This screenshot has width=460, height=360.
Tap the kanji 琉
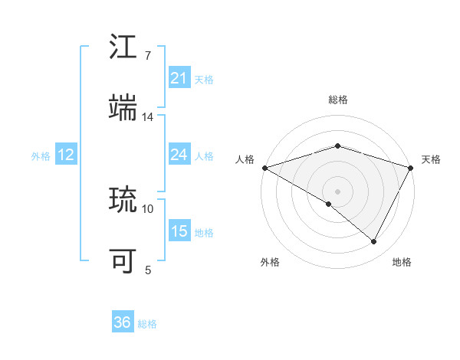pyautogui.click(x=123, y=200)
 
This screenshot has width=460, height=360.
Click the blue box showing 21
pyautogui.click(x=179, y=78)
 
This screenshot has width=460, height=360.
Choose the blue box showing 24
pyautogui.click(x=179, y=155)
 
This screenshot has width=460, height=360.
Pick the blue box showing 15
pyautogui.click(x=179, y=231)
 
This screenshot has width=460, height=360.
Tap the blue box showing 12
pyautogui.click(x=65, y=155)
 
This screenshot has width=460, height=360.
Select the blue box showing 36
pyautogui.click(x=123, y=322)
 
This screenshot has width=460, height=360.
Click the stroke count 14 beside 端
pyautogui.click(x=148, y=116)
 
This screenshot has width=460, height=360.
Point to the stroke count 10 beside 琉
pyautogui.click(x=148, y=208)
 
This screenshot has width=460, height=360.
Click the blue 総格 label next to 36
pyautogui.click(x=147, y=324)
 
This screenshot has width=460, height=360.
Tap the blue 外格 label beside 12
pyautogui.click(x=41, y=155)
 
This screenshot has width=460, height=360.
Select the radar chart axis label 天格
pyautogui.click(x=431, y=159)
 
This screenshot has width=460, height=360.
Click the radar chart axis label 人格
pyautogui.click(x=245, y=159)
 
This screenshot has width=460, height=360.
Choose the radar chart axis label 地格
pyautogui.click(x=402, y=263)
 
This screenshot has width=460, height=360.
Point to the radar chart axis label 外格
pyautogui.click(x=270, y=263)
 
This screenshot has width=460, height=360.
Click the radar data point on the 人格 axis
pyautogui.click(x=264, y=168)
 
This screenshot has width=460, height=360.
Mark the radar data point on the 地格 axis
pyautogui.click(x=374, y=242)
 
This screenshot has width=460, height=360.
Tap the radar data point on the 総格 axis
pyautogui.click(x=337, y=146)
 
